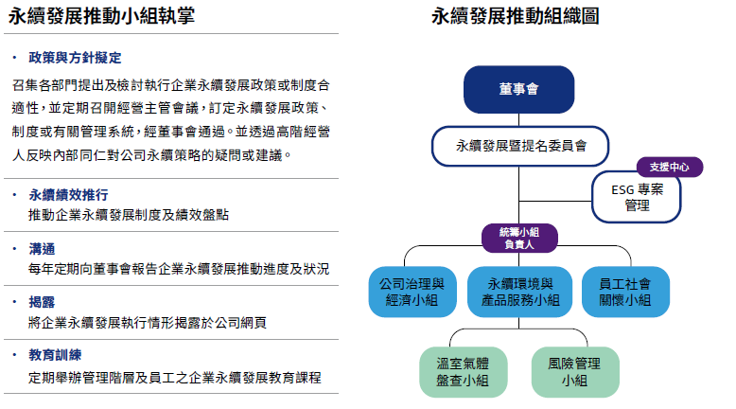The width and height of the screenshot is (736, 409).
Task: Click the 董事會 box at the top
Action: (x=518, y=89)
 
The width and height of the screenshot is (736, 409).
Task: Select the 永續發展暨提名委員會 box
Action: (x=520, y=146)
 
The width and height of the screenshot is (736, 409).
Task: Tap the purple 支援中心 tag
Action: (x=670, y=168)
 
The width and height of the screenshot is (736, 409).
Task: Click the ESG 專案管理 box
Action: (x=637, y=198)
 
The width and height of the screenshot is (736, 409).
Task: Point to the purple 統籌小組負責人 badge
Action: (x=519, y=238)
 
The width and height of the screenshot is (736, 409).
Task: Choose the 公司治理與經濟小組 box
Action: (x=412, y=292)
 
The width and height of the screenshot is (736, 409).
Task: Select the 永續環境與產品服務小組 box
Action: (x=519, y=292)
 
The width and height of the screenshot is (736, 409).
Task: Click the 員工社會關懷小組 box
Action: (x=625, y=292)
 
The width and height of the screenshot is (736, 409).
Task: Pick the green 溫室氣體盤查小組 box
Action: (x=463, y=372)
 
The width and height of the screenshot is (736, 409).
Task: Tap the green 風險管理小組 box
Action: (x=575, y=372)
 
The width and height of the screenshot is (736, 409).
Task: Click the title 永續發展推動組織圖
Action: (x=515, y=16)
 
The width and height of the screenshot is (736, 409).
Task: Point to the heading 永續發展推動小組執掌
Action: (x=101, y=16)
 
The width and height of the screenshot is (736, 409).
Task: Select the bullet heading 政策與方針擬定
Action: (x=75, y=58)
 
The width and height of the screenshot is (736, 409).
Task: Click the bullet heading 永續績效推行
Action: (x=68, y=194)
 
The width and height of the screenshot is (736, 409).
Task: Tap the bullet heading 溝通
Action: (x=42, y=248)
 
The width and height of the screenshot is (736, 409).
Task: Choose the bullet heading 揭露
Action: (x=42, y=302)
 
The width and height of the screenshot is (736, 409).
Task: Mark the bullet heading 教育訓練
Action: (x=55, y=355)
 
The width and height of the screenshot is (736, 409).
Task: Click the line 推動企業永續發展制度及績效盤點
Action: (x=129, y=215)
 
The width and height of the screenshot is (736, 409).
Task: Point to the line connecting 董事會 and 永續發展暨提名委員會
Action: (x=518, y=119)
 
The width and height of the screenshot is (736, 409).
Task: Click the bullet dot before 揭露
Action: (x=14, y=302)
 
